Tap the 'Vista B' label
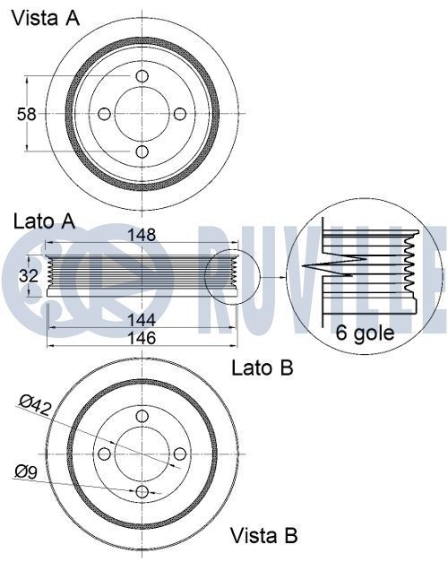tap(263, 536)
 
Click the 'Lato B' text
tap(262, 367)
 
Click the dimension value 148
tap(141, 235)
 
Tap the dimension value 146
tap(141, 338)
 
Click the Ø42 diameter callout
tap(36, 406)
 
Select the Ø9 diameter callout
tap(26, 471)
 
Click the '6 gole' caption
tap(365, 333)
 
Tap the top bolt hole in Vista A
tap(142, 76)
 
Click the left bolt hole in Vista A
tap(104, 114)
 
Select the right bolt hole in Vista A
tap(179, 114)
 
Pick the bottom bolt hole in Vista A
tap(142, 151)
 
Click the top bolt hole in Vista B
tap(142, 417)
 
